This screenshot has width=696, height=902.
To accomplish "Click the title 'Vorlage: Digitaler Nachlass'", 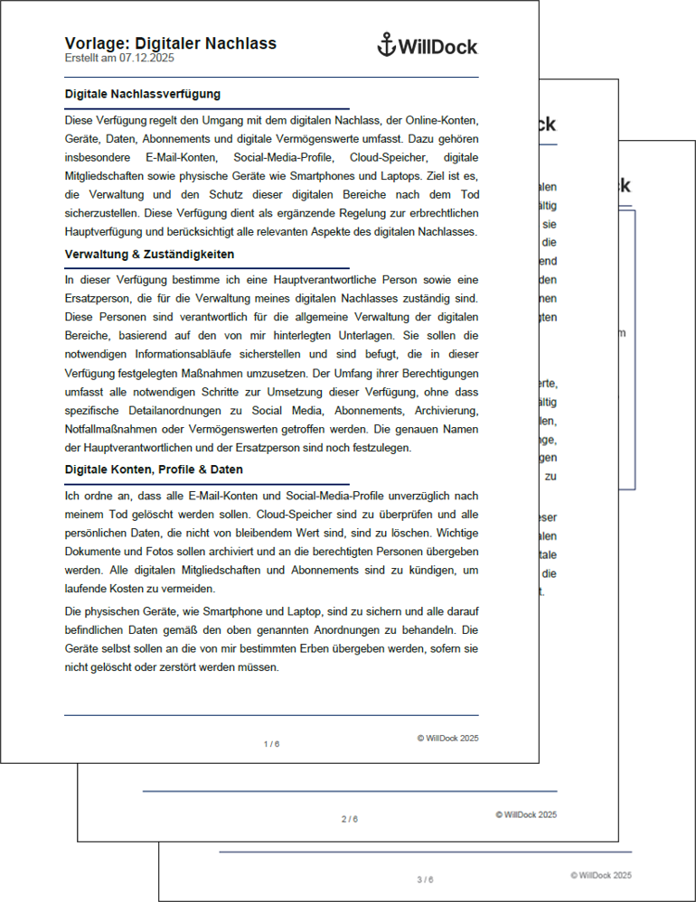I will tap(171, 43).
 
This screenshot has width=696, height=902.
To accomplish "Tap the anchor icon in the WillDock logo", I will tap(386, 45).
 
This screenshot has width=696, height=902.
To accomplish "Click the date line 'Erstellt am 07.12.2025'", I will tap(119, 58).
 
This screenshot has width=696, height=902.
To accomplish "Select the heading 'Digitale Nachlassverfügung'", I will tap(143, 94).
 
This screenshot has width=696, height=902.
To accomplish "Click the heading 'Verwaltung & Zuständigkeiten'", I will tap(150, 255).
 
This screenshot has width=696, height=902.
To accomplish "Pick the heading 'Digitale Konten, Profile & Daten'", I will tap(154, 470).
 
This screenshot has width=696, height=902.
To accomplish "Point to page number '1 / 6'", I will tap(271, 744).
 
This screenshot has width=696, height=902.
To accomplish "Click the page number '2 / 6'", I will tap(349, 819).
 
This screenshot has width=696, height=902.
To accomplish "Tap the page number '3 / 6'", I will tap(425, 879).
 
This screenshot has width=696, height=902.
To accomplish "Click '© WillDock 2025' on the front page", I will tap(447, 738).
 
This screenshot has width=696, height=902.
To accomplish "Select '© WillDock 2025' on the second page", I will tap(526, 814).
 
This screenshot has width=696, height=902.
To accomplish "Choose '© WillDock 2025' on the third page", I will tap(601, 875).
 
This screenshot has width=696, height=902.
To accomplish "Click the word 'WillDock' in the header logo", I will tap(437, 47).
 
